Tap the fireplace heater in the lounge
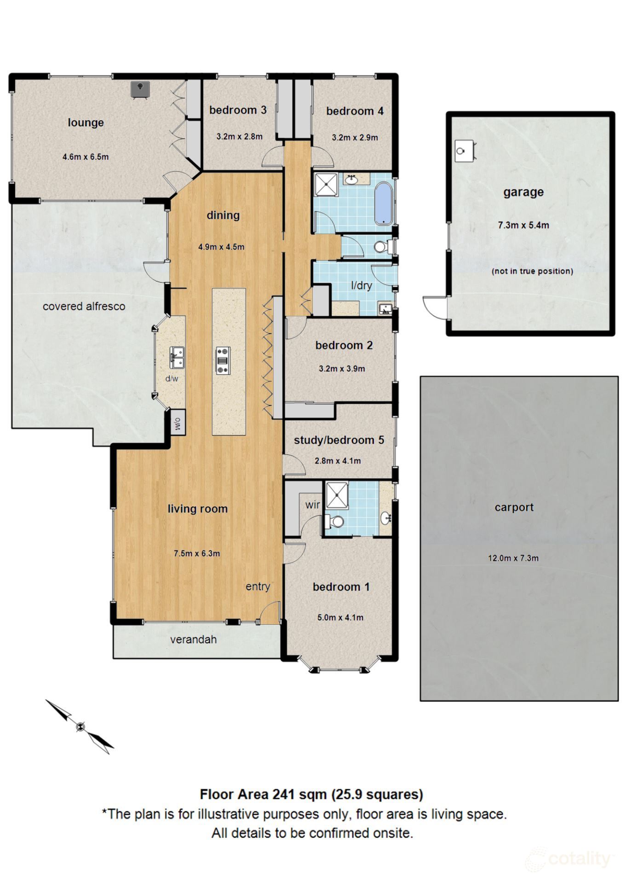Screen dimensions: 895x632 (x=140, y=89)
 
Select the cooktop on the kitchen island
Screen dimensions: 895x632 (x=223, y=360)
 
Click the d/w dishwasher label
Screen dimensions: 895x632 (x=172, y=378)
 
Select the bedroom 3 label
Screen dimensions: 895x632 (x=237, y=110)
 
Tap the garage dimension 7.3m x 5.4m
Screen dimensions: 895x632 (x=523, y=225)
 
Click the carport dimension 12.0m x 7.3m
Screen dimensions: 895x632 (x=513, y=558)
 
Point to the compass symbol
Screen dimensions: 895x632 (x=80, y=727)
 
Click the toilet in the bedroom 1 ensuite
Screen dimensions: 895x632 (x=336, y=522)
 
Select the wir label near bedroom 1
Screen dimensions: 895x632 (x=312, y=505)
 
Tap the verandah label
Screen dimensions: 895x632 (x=193, y=639)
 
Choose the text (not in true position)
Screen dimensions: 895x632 (x=532, y=271)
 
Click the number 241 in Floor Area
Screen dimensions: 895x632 (x=284, y=795)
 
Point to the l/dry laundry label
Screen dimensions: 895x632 (x=361, y=285)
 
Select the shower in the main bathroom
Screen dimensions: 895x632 (x=326, y=184)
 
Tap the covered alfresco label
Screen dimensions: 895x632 (x=84, y=307)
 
